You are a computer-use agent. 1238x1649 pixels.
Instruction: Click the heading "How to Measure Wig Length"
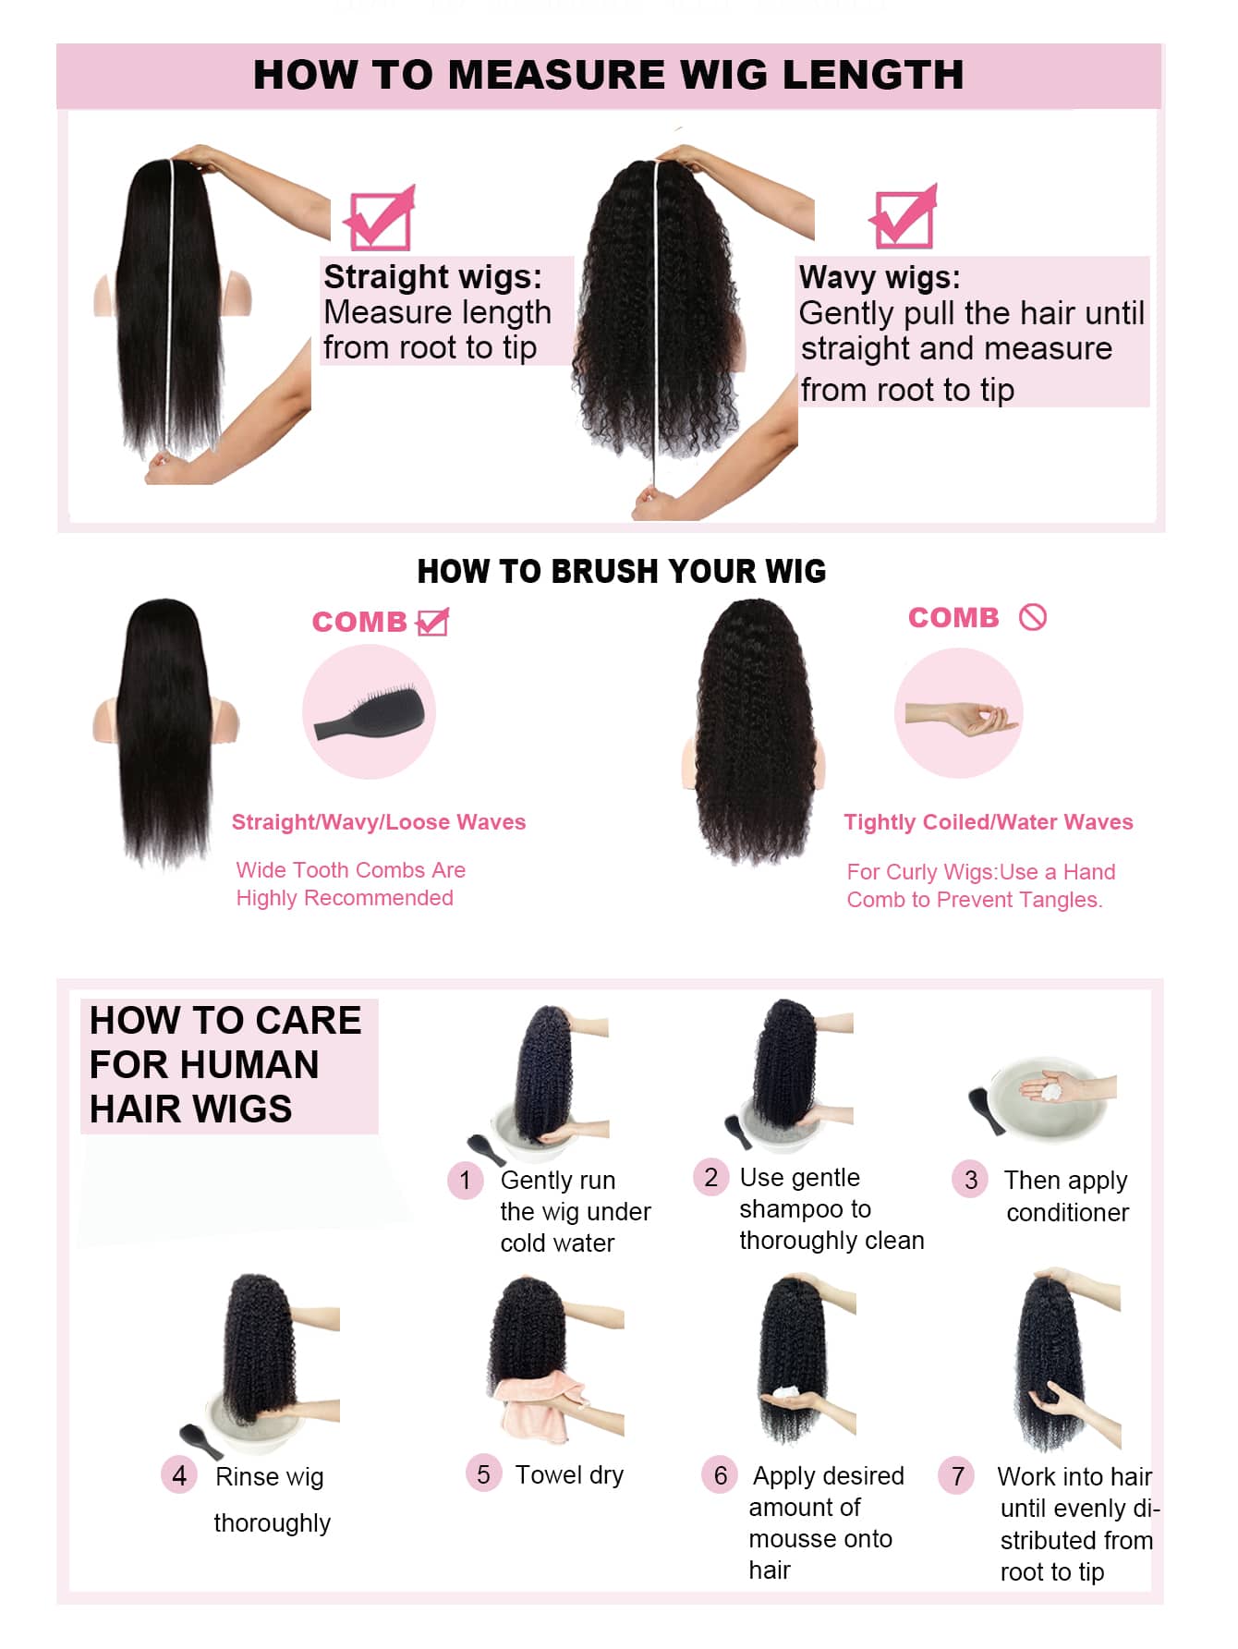pyautogui.click(x=608, y=75)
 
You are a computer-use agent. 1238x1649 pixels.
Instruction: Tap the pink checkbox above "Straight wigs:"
pyautogui.click(x=379, y=220)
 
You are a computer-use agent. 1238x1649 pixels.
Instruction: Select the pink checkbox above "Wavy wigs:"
pyautogui.click(x=903, y=218)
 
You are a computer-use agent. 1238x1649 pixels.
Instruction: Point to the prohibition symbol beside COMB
pyautogui.click(x=1033, y=617)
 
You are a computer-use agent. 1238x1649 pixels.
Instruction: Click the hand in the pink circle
pyautogui.click(x=961, y=717)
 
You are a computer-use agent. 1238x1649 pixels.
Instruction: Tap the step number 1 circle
pyautogui.click(x=466, y=1180)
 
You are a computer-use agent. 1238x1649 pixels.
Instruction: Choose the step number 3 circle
pyautogui.click(x=970, y=1180)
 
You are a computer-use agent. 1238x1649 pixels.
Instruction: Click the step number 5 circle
pyautogui.click(x=483, y=1473)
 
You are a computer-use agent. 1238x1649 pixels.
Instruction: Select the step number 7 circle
pyautogui.click(x=958, y=1475)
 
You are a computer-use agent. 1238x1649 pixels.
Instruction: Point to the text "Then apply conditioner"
pyautogui.click(x=1066, y=1196)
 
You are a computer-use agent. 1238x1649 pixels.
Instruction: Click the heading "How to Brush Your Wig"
pyautogui.click(x=621, y=572)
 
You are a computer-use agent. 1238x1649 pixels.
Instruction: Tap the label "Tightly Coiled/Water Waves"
pyautogui.click(x=988, y=822)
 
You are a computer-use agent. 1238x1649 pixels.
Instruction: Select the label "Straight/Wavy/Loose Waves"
pyautogui.click(x=378, y=822)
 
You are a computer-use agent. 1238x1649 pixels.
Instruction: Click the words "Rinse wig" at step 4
pyautogui.click(x=269, y=1476)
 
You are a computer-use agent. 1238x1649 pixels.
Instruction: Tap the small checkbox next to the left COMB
pyautogui.click(x=432, y=622)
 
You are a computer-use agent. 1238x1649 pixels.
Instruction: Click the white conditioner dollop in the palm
pyautogui.click(x=1051, y=1091)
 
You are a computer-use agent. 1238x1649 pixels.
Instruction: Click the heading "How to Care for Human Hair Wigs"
pyautogui.click(x=225, y=1064)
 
